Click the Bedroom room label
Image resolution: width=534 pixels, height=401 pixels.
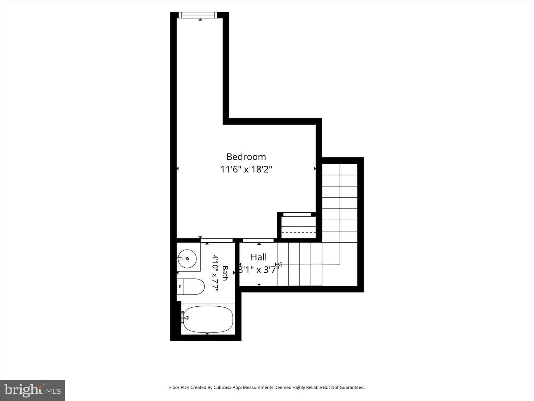point(246,157)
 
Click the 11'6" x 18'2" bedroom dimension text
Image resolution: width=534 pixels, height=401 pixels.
point(246,169)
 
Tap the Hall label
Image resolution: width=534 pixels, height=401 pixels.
point(259,257)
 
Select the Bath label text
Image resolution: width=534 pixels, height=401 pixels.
point(225,273)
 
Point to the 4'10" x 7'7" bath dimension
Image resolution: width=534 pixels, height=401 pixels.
point(215,273)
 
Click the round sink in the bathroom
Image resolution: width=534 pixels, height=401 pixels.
point(187,259)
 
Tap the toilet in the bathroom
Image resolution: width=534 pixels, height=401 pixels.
point(191,286)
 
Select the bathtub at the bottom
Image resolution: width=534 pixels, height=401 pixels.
point(208,319)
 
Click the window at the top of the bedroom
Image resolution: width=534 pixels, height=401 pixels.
point(198,15)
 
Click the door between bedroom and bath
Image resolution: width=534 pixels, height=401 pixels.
point(217,241)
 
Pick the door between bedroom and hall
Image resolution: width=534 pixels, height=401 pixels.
point(258,241)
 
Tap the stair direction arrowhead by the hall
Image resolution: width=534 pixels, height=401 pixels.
point(280,264)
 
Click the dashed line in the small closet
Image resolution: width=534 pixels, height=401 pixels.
point(299,232)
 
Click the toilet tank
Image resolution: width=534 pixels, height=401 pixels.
point(180,287)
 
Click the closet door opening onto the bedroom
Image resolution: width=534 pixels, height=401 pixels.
point(297,214)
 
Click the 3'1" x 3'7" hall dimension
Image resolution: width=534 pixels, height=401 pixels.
point(259,270)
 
